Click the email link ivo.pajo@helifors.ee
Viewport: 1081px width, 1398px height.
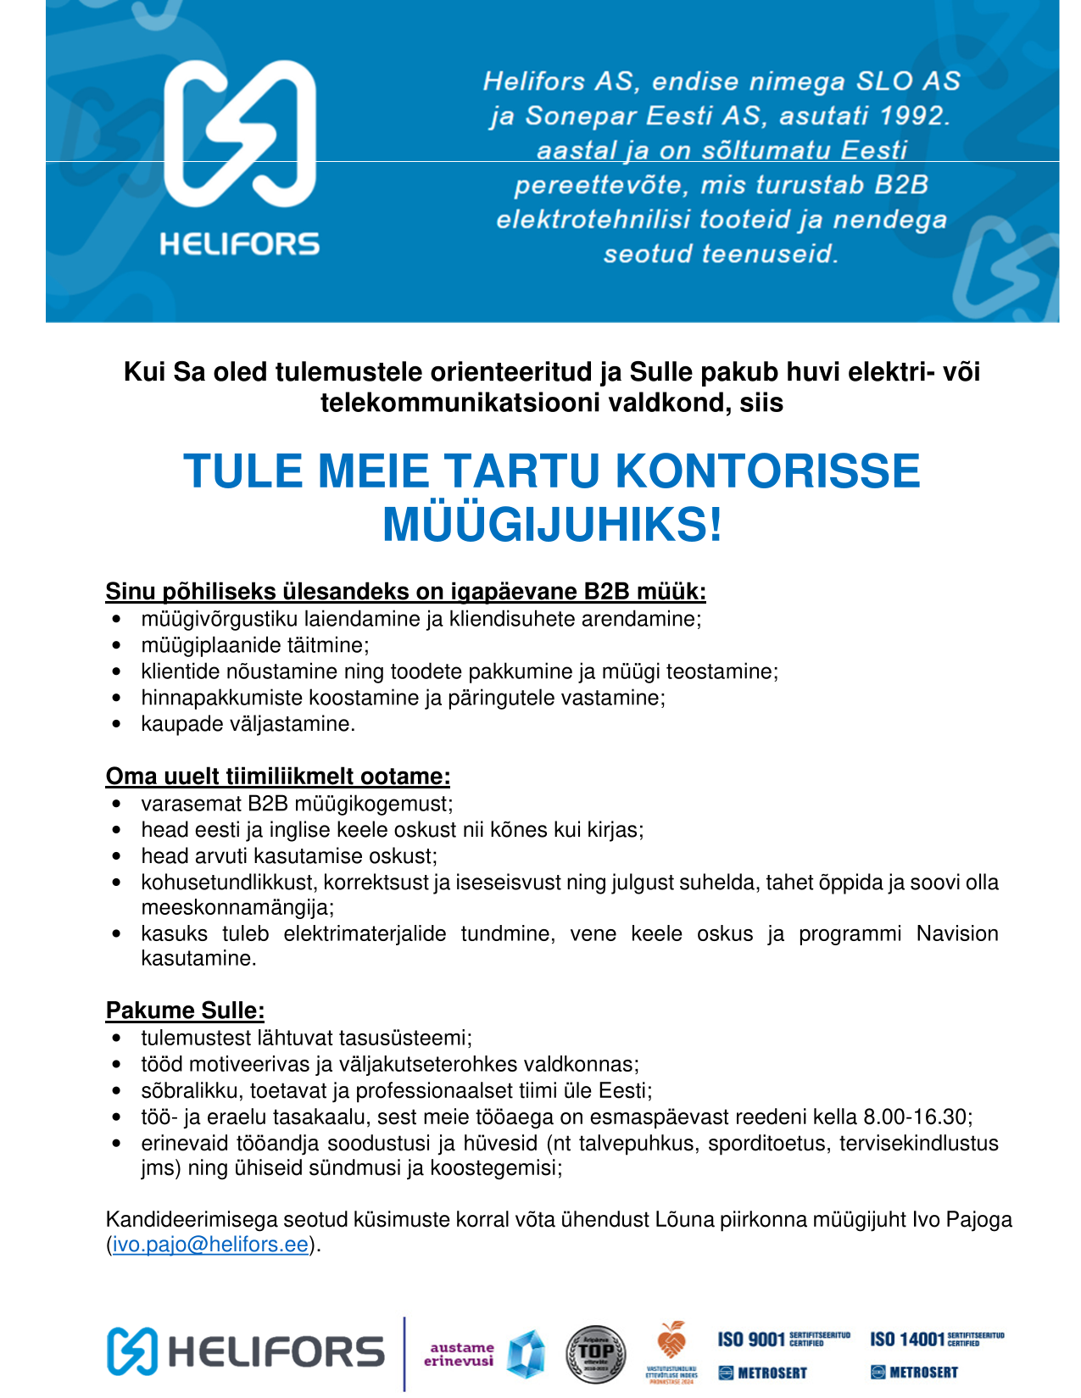point(210,1245)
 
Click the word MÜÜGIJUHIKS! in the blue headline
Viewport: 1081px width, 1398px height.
point(552,524)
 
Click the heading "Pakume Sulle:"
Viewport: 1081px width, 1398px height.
point(185,1011)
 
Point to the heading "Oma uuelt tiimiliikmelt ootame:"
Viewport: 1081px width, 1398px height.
point(277,776)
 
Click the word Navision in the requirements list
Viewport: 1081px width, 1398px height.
point(956,933)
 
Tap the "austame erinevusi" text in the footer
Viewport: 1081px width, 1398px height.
point(459,1354)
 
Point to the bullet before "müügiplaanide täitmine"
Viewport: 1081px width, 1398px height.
point(117,646)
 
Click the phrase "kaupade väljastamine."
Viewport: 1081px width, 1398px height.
point(248,724)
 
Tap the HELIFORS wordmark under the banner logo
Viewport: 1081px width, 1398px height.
point(239,245)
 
